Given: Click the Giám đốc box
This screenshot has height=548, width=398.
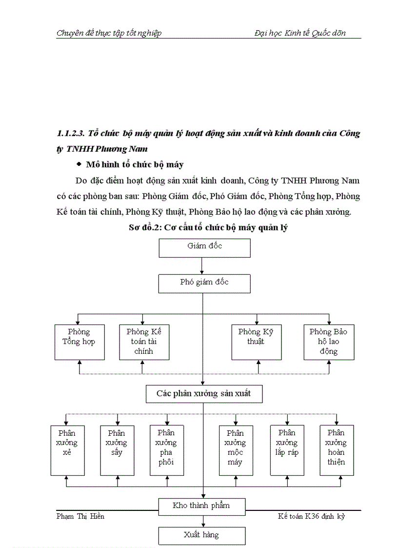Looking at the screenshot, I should [204, 247].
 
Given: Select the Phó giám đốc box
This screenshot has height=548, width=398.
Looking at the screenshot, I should [204, 283].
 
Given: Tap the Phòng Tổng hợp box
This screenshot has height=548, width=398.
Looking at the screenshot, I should [79, 342].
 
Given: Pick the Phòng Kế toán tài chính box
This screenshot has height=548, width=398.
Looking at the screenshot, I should [144, 342].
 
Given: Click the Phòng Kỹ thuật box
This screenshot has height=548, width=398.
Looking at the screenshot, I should [256, 342].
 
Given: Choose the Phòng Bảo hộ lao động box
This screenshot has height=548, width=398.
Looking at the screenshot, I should [328, 342].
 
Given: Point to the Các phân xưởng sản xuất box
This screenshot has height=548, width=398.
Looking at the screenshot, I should [204, 393].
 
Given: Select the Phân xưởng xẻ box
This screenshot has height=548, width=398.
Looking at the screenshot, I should [67, 450].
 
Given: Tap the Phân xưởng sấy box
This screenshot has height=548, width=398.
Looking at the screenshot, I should [117, 450].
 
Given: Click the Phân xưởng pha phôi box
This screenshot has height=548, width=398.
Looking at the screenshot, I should [166, 450].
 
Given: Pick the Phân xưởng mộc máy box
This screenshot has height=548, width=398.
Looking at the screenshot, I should [235, 450].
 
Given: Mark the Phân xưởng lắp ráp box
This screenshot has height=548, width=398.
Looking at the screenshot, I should [287, 450].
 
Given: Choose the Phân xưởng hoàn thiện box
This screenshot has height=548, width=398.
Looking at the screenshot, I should [337, 450].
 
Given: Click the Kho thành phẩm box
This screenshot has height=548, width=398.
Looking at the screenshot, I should [201, 506].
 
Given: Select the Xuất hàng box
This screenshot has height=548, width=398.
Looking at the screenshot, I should [201, 535].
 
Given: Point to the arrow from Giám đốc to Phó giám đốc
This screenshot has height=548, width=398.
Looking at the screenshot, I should [202, 266].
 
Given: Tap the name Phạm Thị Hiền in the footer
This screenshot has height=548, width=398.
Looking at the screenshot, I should [80, 516].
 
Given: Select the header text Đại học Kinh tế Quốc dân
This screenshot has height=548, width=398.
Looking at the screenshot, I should [300, 33].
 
